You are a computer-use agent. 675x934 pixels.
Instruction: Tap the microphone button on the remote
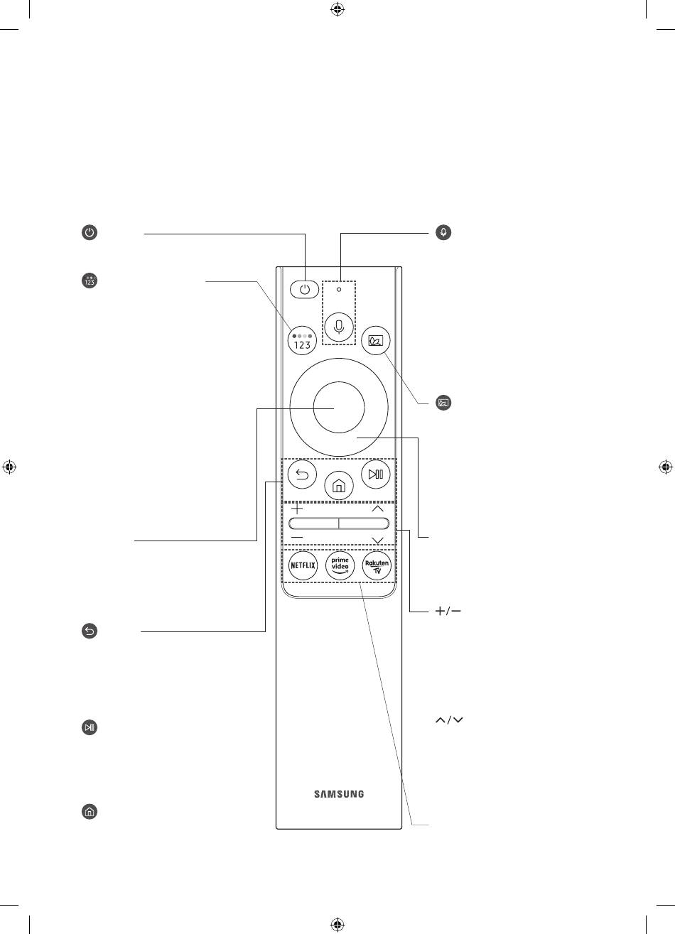[x=339, y=327]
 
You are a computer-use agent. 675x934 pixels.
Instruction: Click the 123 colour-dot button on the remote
[x=302, y=340]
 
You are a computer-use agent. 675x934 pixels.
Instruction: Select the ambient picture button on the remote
[x=375, y=340]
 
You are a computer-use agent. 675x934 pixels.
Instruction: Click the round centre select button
[x=339, y=407]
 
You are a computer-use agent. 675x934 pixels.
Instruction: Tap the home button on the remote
[x=339, y=485]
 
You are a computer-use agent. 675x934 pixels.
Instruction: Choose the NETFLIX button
[x=303, y=565]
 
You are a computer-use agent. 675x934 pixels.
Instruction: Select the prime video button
[x=340, y=565]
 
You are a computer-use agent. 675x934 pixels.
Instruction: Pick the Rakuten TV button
[x=377, y=565]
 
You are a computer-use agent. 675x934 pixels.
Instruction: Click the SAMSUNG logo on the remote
[x=339, y=794]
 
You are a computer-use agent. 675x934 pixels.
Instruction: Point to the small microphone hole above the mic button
[x=339, y=289]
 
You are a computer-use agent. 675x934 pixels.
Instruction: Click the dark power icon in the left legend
[x=90, y=232]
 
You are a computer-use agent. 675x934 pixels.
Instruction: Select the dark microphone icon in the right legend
[x=443, y=232]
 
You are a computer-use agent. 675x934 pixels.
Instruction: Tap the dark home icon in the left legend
[x=90, y=811]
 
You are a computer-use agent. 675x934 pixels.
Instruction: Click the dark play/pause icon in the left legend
[x=90, y=727]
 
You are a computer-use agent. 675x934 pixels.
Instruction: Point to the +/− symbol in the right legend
[x=448, y=611]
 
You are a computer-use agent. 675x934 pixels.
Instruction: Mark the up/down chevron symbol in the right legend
[x=449, y=720]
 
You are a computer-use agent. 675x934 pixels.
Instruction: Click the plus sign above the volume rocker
[x=296, y=509]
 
